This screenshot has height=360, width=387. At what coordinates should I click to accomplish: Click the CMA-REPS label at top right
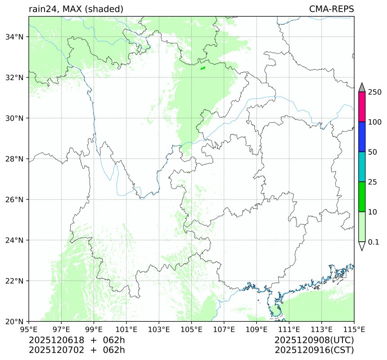point(331,9)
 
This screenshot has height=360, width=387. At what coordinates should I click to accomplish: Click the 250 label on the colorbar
point(375,92)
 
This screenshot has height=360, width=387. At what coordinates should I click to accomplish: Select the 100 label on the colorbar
point(375,122)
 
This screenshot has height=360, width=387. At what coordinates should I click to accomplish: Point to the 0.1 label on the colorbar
point(373,242)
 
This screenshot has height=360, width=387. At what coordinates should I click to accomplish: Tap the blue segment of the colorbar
point(362,137)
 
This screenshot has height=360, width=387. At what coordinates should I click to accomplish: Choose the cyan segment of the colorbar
point(362,166)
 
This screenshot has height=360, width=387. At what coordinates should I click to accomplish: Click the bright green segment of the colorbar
point(362,197)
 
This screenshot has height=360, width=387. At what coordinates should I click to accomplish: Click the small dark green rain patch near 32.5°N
point(202,68)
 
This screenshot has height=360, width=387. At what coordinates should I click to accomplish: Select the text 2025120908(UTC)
point(314,340)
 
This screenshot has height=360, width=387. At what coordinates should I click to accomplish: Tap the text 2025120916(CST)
point(314,350)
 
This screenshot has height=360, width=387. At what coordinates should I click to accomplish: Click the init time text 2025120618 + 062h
point(77,340)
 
